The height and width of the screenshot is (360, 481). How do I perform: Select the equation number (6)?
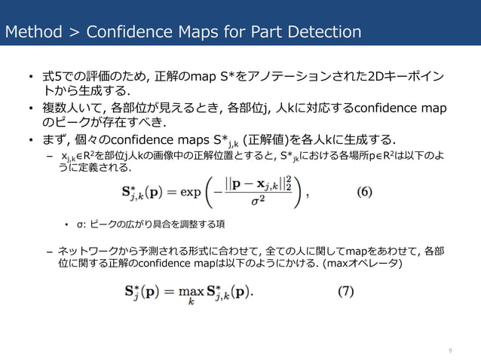[x=364, y=192]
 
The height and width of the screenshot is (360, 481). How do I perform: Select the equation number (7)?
[x=345, y=291]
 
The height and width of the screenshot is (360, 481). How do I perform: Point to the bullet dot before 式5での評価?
[x=30, y=77]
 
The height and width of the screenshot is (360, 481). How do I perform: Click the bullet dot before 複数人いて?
[x=30, y=109]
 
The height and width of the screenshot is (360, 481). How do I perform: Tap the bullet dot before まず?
[x=30, y=141]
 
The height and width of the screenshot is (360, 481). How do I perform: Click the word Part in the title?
[x=255, y=32]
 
